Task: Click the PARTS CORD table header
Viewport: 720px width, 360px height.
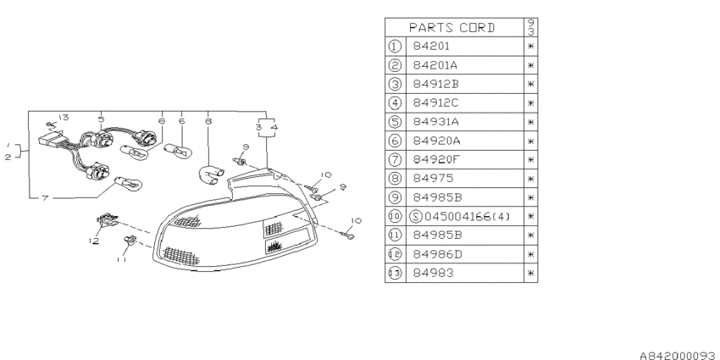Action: [451, 28]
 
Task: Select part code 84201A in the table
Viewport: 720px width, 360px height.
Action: [435, 65]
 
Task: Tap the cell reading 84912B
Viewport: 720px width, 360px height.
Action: [435, 84]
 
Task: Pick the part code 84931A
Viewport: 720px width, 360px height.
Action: [435, 122]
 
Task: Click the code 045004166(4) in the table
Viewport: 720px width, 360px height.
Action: [467, 216]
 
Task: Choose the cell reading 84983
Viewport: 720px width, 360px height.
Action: [433, 273]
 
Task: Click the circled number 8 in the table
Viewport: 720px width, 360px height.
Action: [395, 178]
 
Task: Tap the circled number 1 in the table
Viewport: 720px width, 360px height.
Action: [395, 47]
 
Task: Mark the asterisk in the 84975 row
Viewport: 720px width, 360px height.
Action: [531, 179]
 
